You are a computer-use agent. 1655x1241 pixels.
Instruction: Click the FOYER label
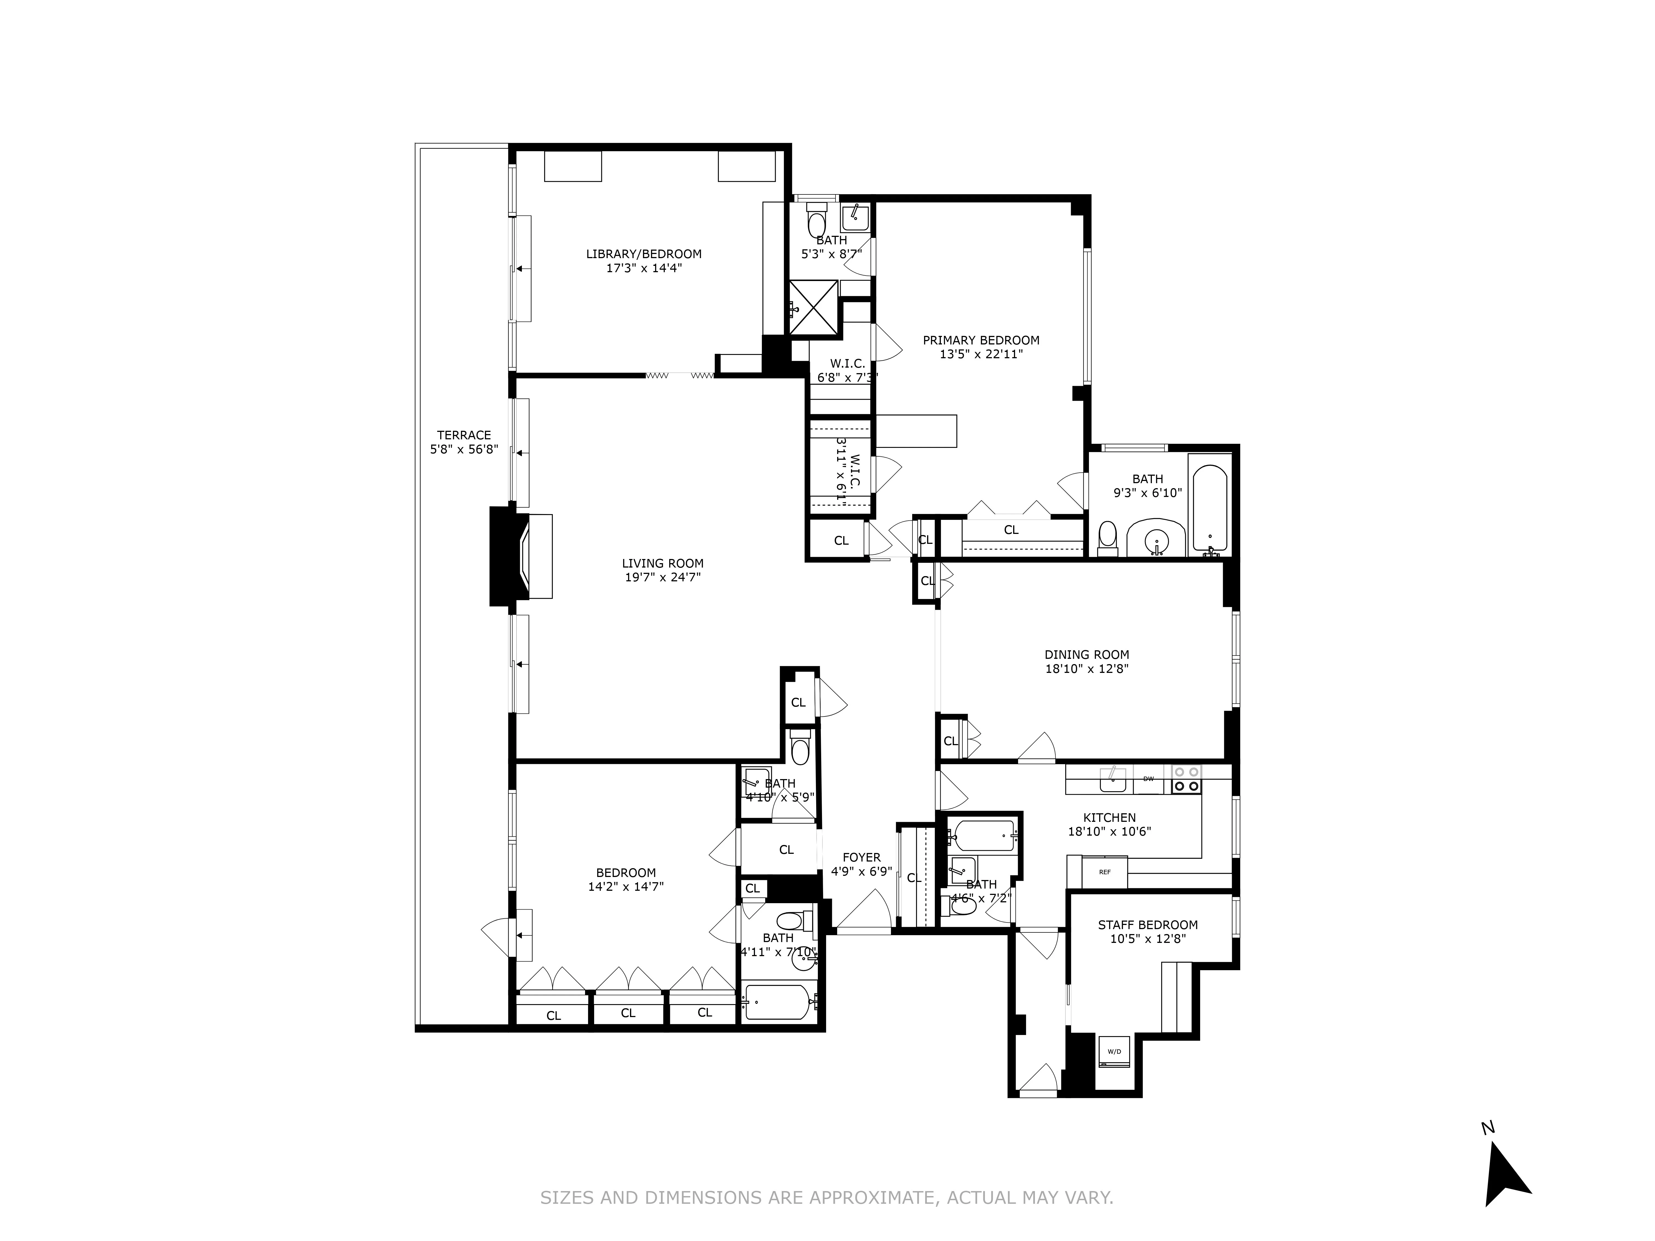click(x=861, y=857)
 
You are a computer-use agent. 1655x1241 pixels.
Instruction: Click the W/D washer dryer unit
click(x=1114, y=1052)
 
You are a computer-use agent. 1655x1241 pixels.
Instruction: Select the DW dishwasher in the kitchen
click(x=1149, y=779)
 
